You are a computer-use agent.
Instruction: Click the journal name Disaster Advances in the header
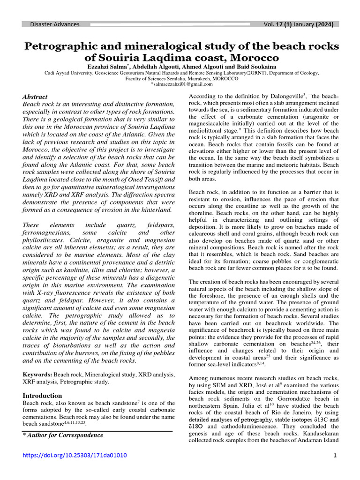[x=55, y=24]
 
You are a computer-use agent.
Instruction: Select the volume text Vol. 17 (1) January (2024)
[x=295, y=24]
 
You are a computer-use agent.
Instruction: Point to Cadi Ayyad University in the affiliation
[x=68, y=73]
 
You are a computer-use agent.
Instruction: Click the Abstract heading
[x=35, y=96]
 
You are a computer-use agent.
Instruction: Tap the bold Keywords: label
[x=38, y=375]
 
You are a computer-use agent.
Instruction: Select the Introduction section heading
[x=42, y=395]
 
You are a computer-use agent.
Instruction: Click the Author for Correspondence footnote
[x=63, y=435]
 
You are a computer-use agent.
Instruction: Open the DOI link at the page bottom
[x=75, y=455]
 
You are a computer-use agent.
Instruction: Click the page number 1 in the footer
[x=336, y=455]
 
